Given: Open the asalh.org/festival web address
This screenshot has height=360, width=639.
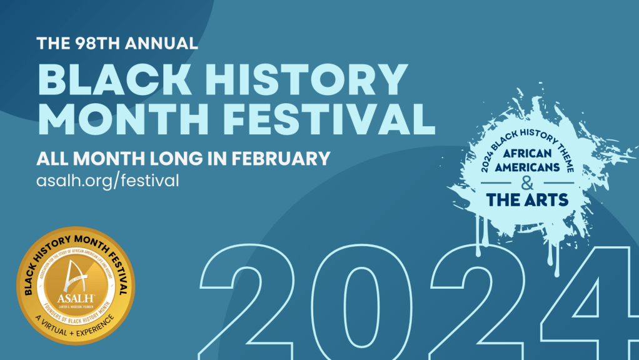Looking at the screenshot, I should coord(108,180).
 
